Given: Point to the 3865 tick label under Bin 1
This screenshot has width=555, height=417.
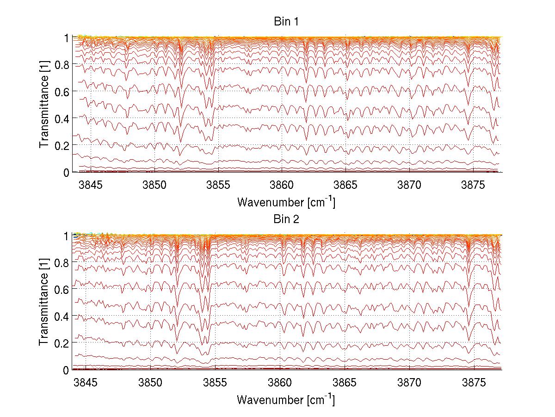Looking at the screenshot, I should coord(345,185).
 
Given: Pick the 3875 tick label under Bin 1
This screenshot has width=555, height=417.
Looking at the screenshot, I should coord(473,185).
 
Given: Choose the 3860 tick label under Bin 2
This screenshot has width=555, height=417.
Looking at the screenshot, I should coord(280,383).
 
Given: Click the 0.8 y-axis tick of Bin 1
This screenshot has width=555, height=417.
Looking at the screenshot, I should coord(61,65).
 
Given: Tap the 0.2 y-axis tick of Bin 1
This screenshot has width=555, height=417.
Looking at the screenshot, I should coord(61,145).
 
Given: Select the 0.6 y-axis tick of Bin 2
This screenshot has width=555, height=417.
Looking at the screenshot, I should coord(61,289).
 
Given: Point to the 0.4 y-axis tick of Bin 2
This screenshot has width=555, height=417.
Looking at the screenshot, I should coord(61,316).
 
